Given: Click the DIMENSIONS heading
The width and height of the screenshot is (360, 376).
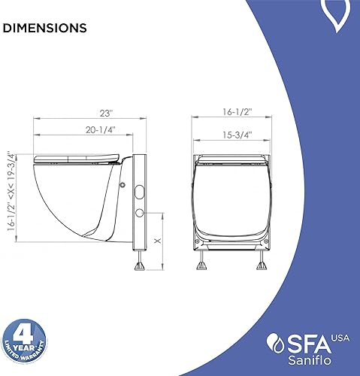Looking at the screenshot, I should coord(44,29).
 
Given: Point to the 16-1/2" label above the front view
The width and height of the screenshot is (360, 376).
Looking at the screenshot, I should coord(232,111).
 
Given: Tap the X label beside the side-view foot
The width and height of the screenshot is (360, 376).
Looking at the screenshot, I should coord(156,241).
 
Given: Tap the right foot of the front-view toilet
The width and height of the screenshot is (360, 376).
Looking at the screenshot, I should coord(263,262).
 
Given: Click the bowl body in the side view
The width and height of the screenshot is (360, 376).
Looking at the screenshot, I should coord(75,196).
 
